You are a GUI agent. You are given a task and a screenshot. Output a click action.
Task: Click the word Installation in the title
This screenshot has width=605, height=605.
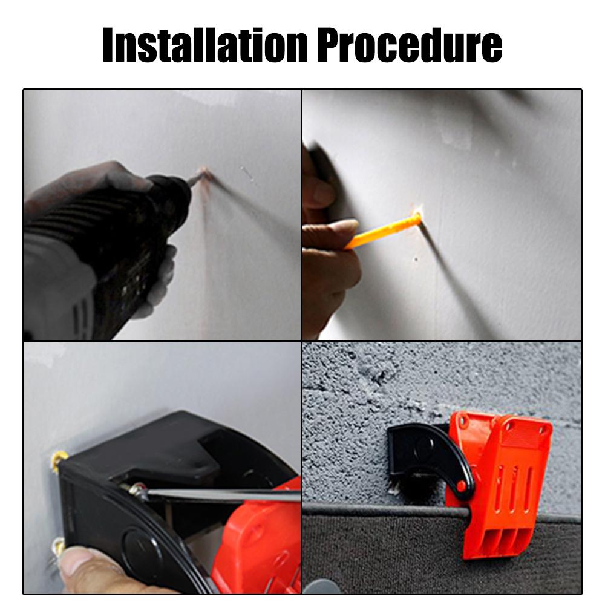point(205,45)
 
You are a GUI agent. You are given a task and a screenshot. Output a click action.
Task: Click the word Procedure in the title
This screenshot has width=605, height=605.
point(410,45)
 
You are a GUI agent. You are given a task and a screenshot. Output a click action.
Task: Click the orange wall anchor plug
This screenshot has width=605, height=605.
point(384,231)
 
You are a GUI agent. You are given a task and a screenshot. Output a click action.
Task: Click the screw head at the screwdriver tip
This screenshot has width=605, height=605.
point(137,491)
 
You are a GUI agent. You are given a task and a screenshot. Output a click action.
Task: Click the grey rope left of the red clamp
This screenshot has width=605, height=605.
point(386,509)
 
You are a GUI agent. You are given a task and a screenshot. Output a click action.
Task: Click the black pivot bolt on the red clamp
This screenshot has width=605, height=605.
point(462,486)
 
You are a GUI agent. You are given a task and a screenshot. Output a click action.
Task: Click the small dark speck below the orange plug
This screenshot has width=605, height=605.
point(416,260)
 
